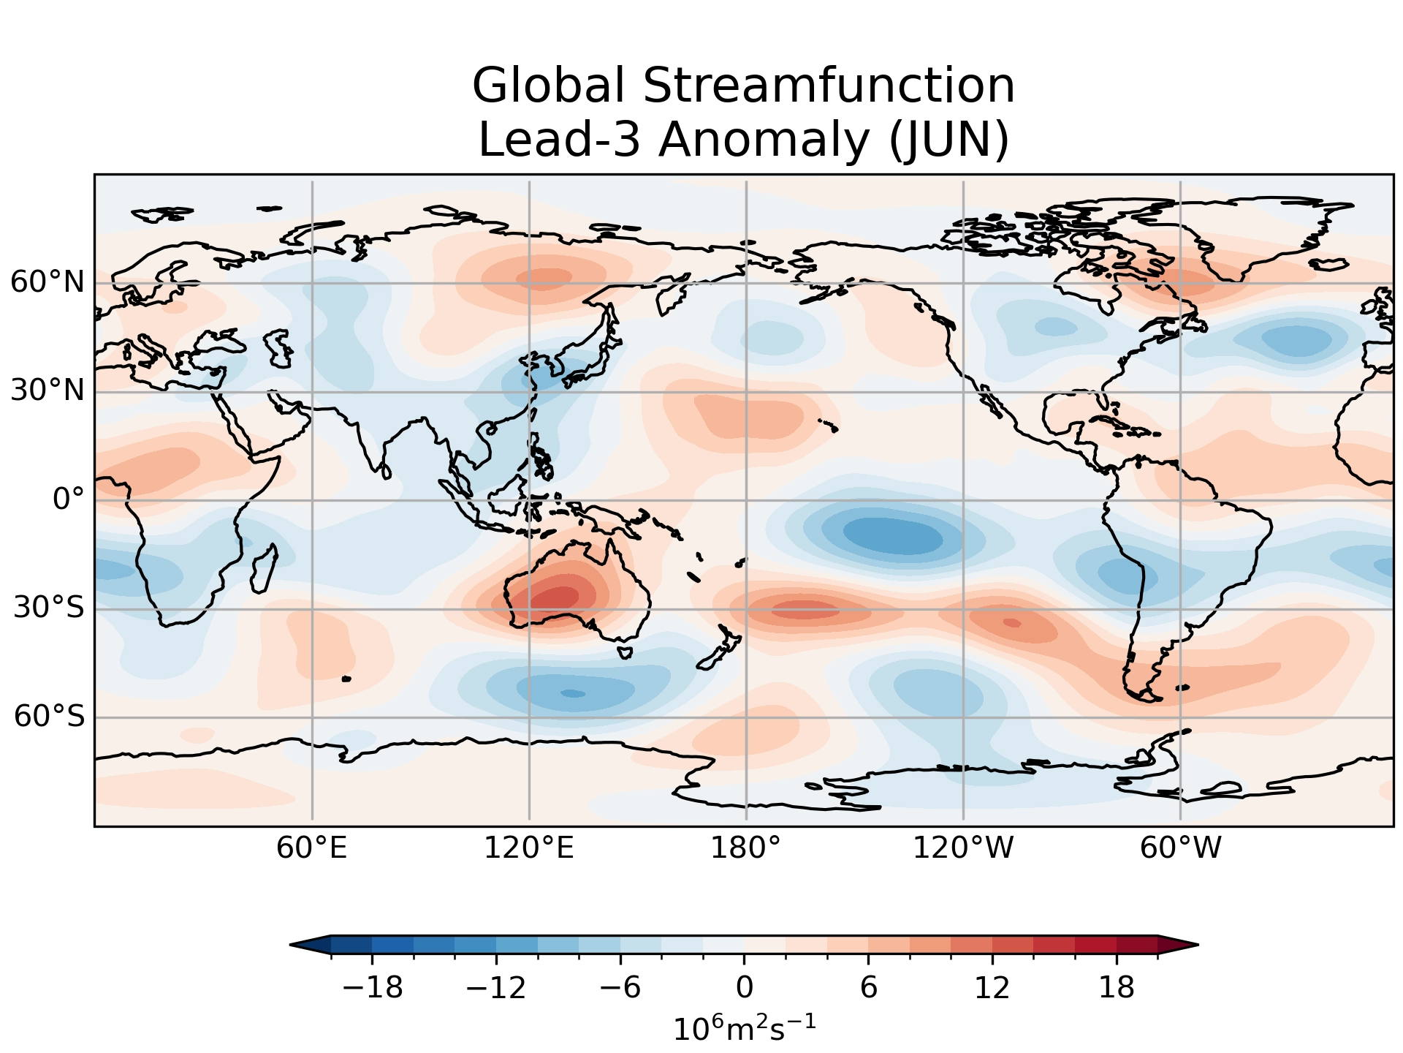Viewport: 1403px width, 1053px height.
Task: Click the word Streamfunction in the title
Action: tap(829, 86)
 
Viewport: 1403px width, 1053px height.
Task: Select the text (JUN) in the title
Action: tap(948, 140)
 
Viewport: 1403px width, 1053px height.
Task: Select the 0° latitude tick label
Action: tap(69, 500)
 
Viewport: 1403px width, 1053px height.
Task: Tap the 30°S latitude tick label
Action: tap(49, 608)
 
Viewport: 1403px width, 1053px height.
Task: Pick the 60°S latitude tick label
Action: tap(49, 717)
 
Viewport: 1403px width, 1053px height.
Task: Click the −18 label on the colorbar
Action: tap(373, 989)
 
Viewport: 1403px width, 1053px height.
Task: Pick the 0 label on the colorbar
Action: tap(745, 989)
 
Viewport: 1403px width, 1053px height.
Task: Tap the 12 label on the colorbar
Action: tap(992, 989)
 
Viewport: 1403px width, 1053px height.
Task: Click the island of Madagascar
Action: tap(264, 570)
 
